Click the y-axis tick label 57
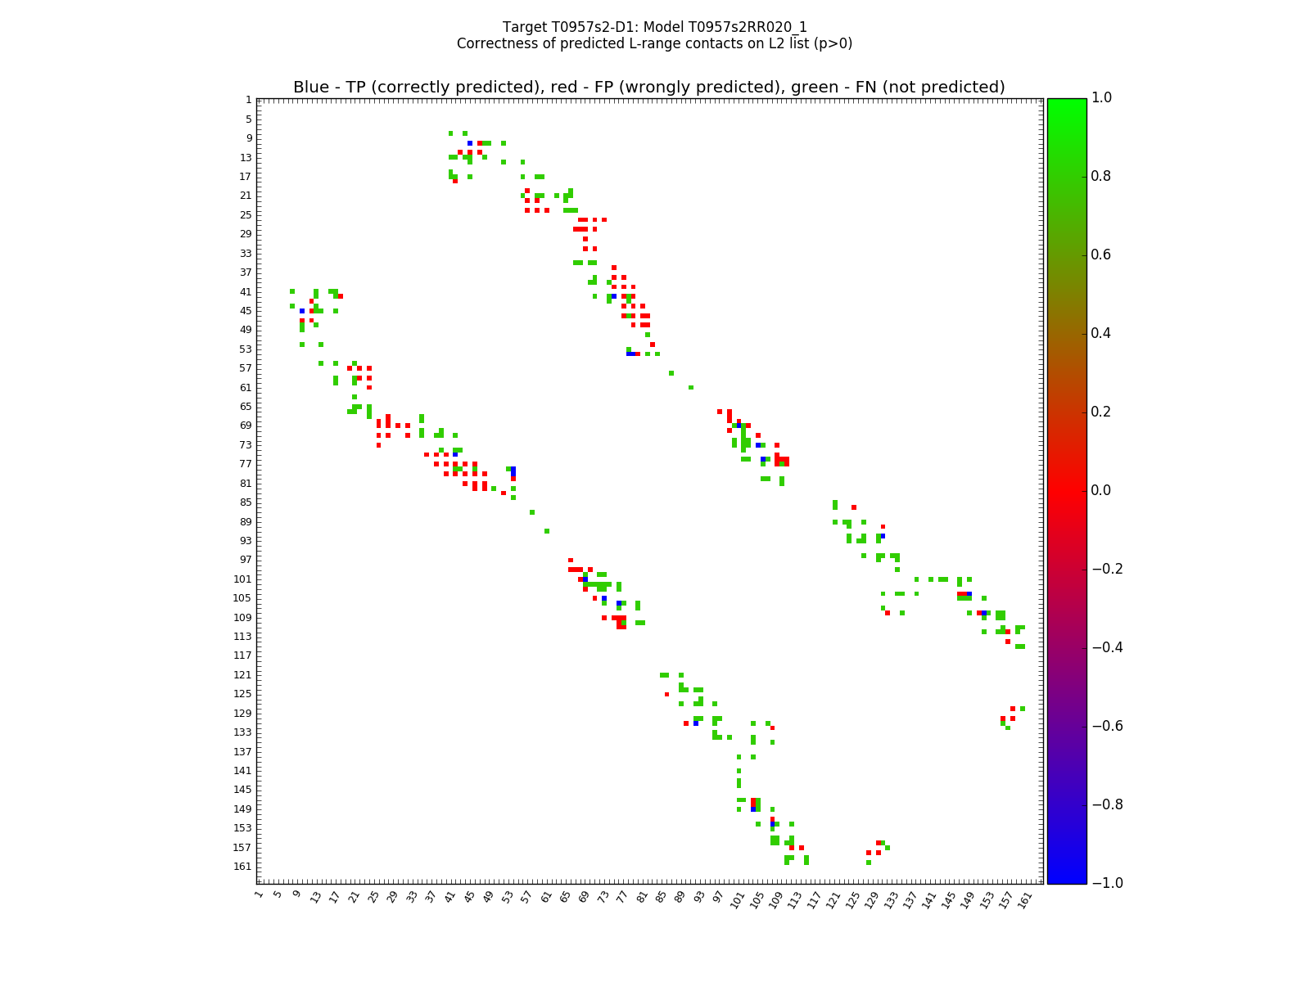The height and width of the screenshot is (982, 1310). pyautogui.click(x=246, y=368)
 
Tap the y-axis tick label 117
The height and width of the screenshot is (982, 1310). pyautogui.click(x=243, y=655)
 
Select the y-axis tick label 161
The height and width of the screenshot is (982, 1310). pyautogui.click(x=243, y=867)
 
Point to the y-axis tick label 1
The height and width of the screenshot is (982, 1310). pyautogui.click(x=248, y=100)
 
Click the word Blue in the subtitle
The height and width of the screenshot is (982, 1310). pyautogui.click(x=310, y=88)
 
